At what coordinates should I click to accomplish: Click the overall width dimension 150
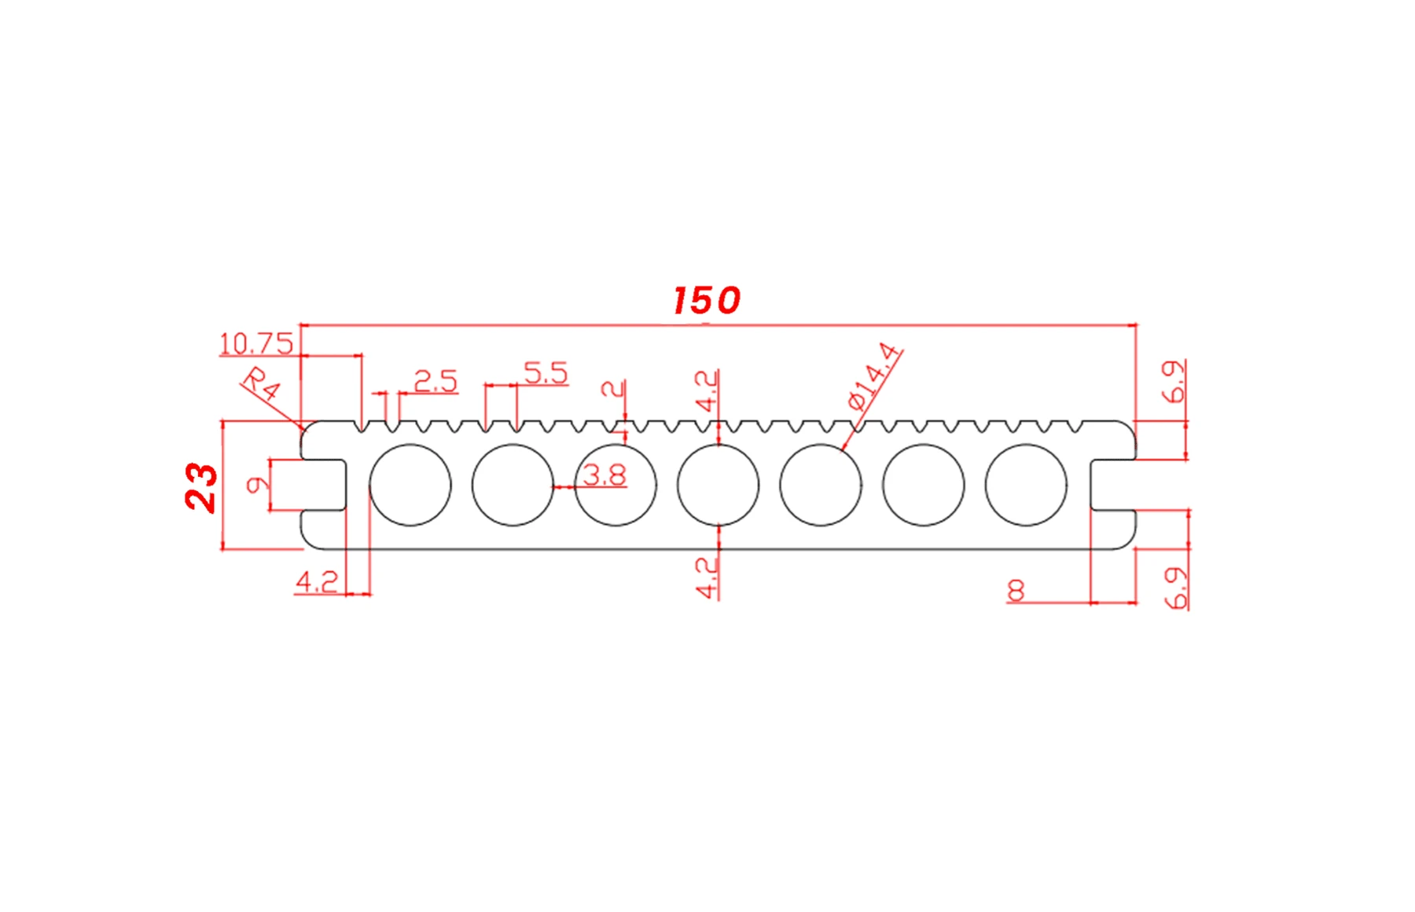[x=706, y=300]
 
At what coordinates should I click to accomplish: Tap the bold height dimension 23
[x=201, y=487]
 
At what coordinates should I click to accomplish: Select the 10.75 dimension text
[x=255, y=344]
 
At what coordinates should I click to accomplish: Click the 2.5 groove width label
[x=435, y=382]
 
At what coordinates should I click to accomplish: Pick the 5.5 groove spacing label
[x=546, y=373]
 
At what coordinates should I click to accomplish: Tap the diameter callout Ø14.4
[x=873, y=377]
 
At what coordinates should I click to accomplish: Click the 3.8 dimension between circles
[x=605, y=475]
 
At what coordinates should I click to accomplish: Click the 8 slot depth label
[x=1016, y=590]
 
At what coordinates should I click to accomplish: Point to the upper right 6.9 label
[x=1174, y=382]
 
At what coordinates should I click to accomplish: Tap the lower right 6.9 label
[x=1176, y=588]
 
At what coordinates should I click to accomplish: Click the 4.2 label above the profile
[x=706, y=391]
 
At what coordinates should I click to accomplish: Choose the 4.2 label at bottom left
[x=317, y=582]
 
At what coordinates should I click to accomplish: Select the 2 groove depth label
[x=612, y=388]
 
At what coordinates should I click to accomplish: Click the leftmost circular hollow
[x=410, y=485]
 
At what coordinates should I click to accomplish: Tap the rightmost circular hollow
[x=1026, y=485]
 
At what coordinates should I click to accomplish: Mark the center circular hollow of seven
[x=718, y=485]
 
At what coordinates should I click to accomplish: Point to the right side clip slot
[x=1113, y=485]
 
